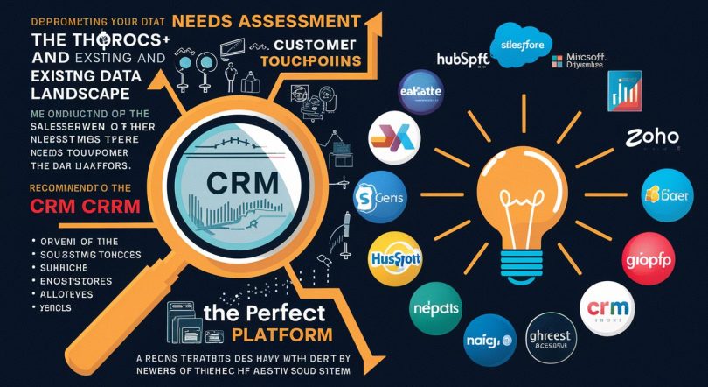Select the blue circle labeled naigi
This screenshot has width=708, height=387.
[x=489, y=338]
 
